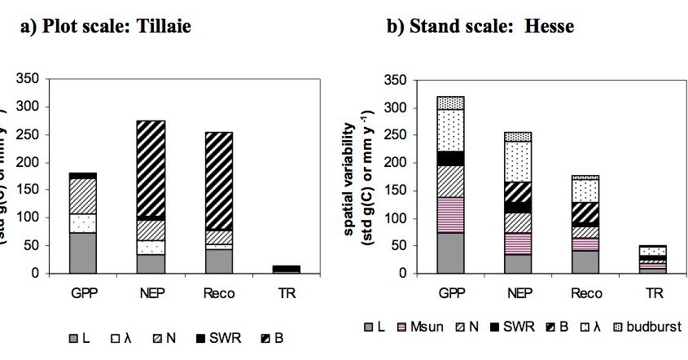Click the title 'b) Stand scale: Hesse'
point(480,26)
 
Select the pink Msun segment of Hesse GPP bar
point(450,215)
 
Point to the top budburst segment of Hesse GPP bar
point(450,103)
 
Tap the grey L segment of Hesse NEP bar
point(517,264)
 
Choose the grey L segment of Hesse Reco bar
point(585,262)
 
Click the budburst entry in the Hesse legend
point(651,327)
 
